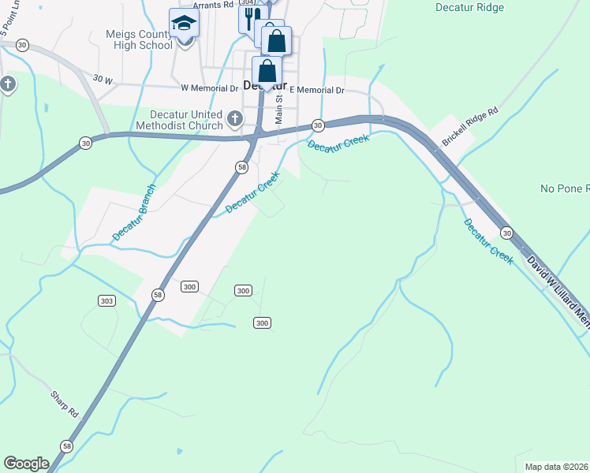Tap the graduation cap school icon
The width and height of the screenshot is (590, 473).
pos(184,22)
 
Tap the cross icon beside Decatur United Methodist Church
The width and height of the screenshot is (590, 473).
pos(234,119)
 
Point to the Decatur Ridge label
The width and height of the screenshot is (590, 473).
pos(469,8)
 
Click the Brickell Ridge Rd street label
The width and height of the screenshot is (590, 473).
pos(471,126)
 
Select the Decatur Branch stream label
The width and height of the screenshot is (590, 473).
pos(134,212)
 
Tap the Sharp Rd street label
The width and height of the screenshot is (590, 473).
pos(65,404)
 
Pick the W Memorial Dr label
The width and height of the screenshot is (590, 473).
pos(209,89)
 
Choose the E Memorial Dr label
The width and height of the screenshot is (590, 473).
pos(317,90)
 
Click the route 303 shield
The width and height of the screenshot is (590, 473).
pos(107,300)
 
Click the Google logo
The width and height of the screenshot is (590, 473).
pos(26,464)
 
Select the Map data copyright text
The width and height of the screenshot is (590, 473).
pos(557,467)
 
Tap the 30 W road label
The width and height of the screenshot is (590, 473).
pos(103,79)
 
